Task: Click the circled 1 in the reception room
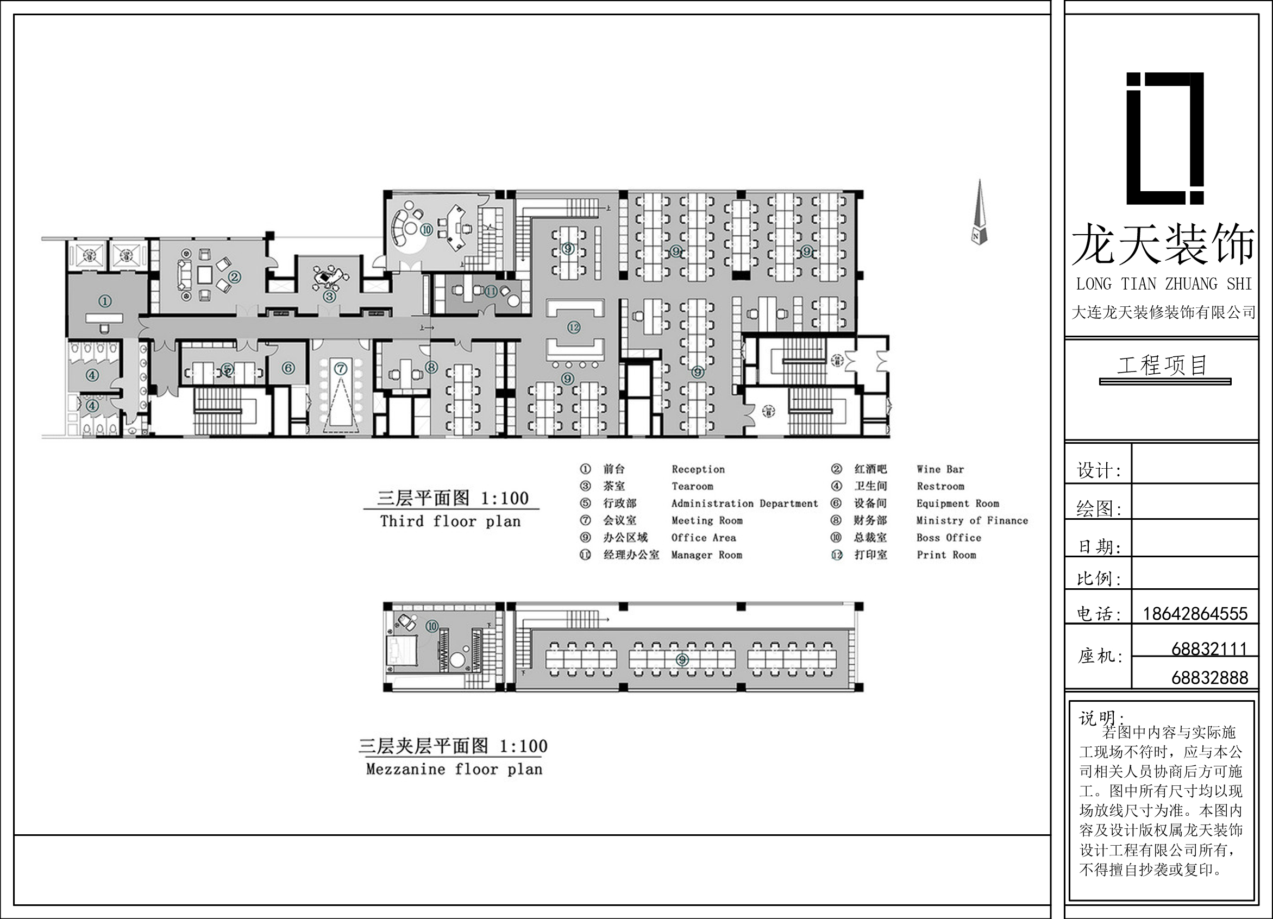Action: [105, 301]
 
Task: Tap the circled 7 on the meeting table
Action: [341, 369]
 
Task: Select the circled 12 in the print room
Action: [574, 327]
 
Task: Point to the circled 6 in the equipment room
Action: [288, 368]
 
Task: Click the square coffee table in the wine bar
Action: [204, 274]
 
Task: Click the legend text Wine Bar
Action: [940, 469]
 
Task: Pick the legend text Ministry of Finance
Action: [972, 520]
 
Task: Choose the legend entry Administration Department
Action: [745, 503]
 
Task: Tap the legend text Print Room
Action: [946, 555]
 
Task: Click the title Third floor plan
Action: [451, 521]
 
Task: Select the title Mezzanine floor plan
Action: [454, 769]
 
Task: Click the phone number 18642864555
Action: [1195, 613]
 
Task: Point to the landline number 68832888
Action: [1209, 678]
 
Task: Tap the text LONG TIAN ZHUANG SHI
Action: [1164, 284]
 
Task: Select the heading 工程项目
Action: [1162, 365]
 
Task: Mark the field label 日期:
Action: [1099, 546]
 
